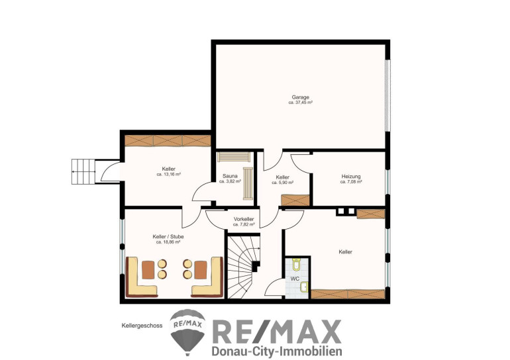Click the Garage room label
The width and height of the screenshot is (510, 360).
coord(300,97)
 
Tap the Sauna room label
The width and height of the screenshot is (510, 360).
coord(230,176)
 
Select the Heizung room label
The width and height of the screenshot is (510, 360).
coord(351,177)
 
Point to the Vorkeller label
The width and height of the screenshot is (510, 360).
coord(244,219)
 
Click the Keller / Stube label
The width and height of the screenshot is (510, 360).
coord(168,236)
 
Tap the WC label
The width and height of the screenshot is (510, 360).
coord(295,279)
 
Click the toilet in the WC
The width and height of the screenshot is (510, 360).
coord(296,264)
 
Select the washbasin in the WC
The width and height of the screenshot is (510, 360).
coord(304,287)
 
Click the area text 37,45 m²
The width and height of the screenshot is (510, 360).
coord(301,103)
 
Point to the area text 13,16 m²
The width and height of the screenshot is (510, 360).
coord(168,174)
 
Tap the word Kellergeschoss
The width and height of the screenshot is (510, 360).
coord(142,325)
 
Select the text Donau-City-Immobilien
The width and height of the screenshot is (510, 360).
coord(277,351)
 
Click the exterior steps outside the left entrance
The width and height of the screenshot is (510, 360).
coord(83,171)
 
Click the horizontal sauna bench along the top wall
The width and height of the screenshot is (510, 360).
coord(234,157)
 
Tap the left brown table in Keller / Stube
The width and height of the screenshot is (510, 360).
coord(148,270)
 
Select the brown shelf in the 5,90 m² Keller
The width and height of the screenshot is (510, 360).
coord(295,200)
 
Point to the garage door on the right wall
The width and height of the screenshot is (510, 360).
coord(387,95)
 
